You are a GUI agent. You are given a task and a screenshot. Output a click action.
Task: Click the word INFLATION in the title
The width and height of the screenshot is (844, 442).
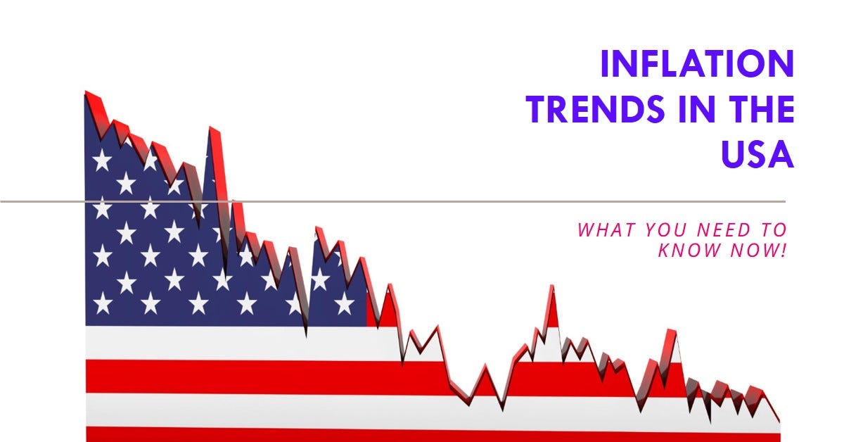tap(697, 65)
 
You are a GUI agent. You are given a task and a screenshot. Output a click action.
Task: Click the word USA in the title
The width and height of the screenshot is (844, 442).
tap(757, 155)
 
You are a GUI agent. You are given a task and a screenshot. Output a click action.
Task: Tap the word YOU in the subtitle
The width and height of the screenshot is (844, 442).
tap(659, 229)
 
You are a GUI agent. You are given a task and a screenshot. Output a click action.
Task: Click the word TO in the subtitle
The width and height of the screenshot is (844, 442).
tap(772, 229)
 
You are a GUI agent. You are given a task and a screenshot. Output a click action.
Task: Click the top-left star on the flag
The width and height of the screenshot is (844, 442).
tap(102, 160)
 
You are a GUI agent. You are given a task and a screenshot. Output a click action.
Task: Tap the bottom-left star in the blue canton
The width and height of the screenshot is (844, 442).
tap(102, 303)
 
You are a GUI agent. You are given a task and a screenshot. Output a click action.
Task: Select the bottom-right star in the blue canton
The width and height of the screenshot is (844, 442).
tap(344, 303)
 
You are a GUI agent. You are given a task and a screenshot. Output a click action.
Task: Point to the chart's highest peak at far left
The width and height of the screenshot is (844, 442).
tap(87, 92)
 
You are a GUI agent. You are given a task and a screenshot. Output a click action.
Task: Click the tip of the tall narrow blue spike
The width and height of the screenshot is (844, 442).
tap(211, 128)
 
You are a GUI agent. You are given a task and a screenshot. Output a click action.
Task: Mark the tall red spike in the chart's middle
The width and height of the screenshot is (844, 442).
tap(552, 286)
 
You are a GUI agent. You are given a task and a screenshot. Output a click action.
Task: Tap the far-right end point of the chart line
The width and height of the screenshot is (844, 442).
tap(779, 422)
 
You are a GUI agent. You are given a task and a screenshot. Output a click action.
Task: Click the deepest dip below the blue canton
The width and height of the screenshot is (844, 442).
tap(306, 335)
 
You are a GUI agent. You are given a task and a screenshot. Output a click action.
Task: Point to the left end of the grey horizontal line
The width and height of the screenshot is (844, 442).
tap(2, 201)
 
